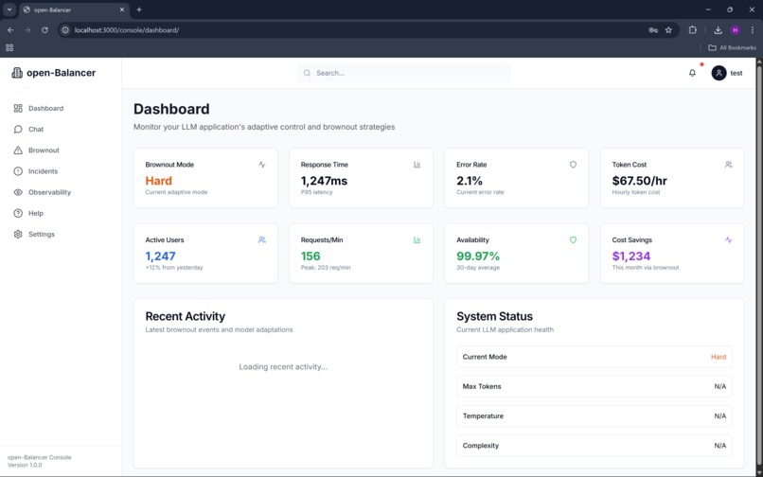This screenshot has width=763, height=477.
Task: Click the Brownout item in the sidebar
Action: [x=44, y=150]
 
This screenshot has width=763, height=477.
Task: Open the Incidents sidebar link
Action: [x=43, y=171]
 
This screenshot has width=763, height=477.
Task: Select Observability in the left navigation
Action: [x=49, y=192]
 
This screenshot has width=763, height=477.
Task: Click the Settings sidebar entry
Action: [x=41, y=234]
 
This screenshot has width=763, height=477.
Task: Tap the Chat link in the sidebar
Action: [x=36, y=129]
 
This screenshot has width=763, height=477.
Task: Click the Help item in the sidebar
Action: [x=36, y=213]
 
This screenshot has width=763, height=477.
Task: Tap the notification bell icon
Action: [x=692, y=73]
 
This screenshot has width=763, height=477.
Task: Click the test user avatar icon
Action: [x=719, y=73]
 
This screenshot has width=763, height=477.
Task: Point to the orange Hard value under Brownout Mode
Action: [x=158, y=181]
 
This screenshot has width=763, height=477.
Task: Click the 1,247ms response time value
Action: [x=324, y=181]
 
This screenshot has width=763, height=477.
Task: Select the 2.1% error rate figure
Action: [x=470, y=181]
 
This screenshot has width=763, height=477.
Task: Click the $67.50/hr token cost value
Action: [x=639, y=181]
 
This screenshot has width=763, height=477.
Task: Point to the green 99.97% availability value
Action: [x=478, y=256]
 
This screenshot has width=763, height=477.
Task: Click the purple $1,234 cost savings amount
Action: [x=631, y=256]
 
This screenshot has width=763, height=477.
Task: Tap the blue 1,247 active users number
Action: [x=160, y=256]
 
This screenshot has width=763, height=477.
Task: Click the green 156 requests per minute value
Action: [x=311, y=256]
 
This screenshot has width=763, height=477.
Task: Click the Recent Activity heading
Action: [x=185, y=316]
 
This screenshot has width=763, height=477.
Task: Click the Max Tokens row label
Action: [x=482, y=386]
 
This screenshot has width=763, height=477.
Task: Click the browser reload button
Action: [x=44, y=30]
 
